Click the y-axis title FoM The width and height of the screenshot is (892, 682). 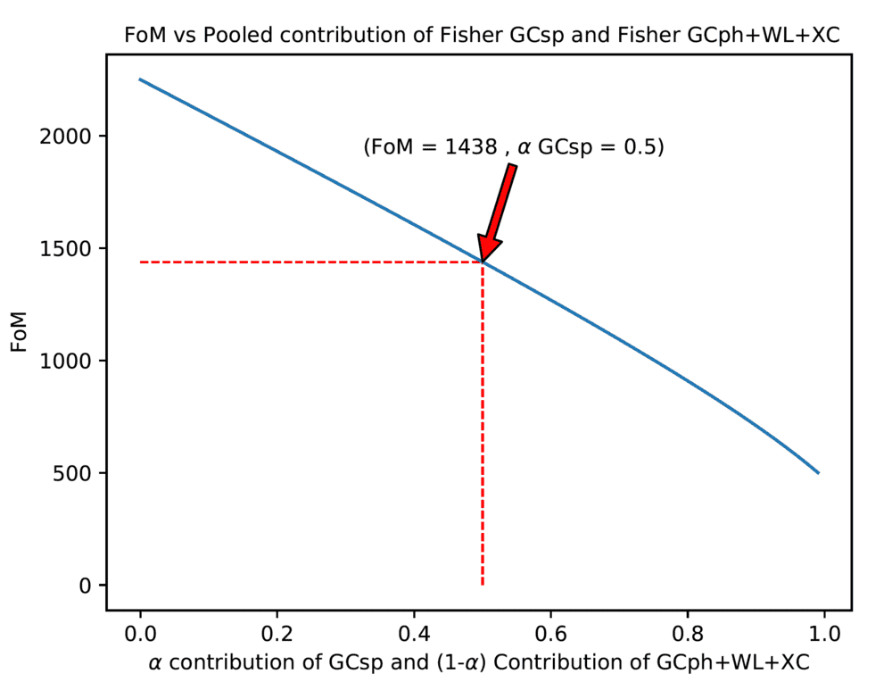(x=20, y=332)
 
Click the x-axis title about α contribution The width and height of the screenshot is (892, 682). (x=479, y=662)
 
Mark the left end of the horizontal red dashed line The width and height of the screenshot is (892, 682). (x=141, y=262)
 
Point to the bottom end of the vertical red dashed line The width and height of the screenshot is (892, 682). (x=483, y=585)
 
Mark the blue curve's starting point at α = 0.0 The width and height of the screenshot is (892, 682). (x=140, y=79)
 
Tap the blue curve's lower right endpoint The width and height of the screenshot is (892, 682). (x=818, y=473)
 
